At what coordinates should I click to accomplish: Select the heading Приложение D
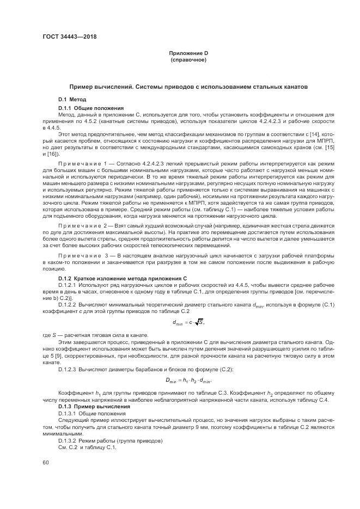coord(188,53)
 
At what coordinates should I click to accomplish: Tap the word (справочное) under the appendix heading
coord(188,59)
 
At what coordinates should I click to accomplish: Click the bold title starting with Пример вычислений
coord(188,86)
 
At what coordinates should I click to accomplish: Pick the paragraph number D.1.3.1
coord(67,413)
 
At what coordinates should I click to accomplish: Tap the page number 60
coord(45,462)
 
